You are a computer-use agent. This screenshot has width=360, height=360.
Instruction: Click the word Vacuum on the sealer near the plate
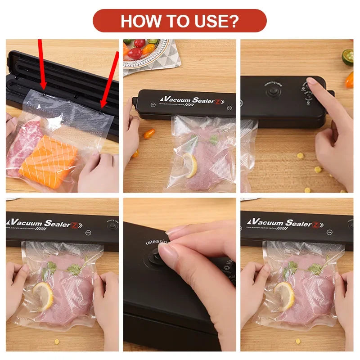174,99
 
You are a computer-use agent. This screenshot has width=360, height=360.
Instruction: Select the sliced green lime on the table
347,57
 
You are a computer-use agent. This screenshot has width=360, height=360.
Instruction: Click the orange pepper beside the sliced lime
349,80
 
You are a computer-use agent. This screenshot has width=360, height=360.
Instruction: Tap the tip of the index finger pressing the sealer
311,81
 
